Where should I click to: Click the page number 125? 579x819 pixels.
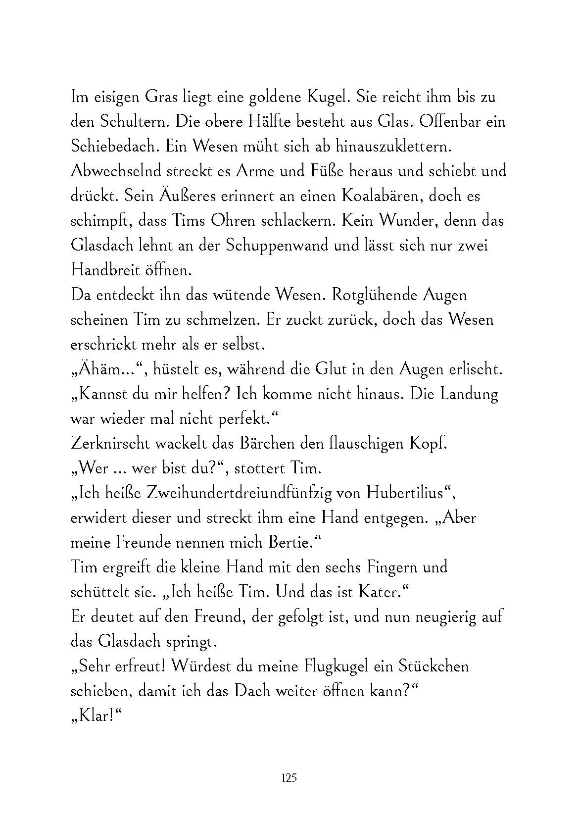pos(289,778)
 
